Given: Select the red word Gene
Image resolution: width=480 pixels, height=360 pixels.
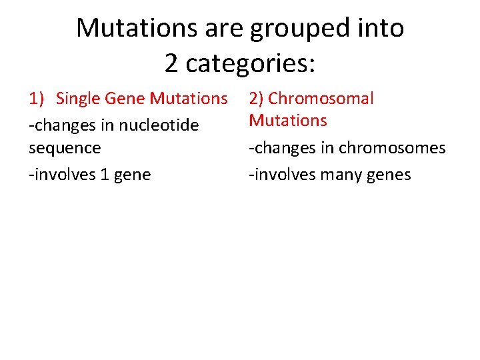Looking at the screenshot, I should click(124, 99).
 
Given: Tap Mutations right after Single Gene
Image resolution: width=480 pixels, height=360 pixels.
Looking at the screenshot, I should click(189, 99).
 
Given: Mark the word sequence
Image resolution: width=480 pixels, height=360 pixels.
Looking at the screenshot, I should click(65, 148).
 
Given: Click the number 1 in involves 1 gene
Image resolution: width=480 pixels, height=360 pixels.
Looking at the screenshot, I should click(104, 175).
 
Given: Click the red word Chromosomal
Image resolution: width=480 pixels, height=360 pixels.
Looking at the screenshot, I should click(321, 99).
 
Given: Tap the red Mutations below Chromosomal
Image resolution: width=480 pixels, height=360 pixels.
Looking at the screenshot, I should click(288, 121).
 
